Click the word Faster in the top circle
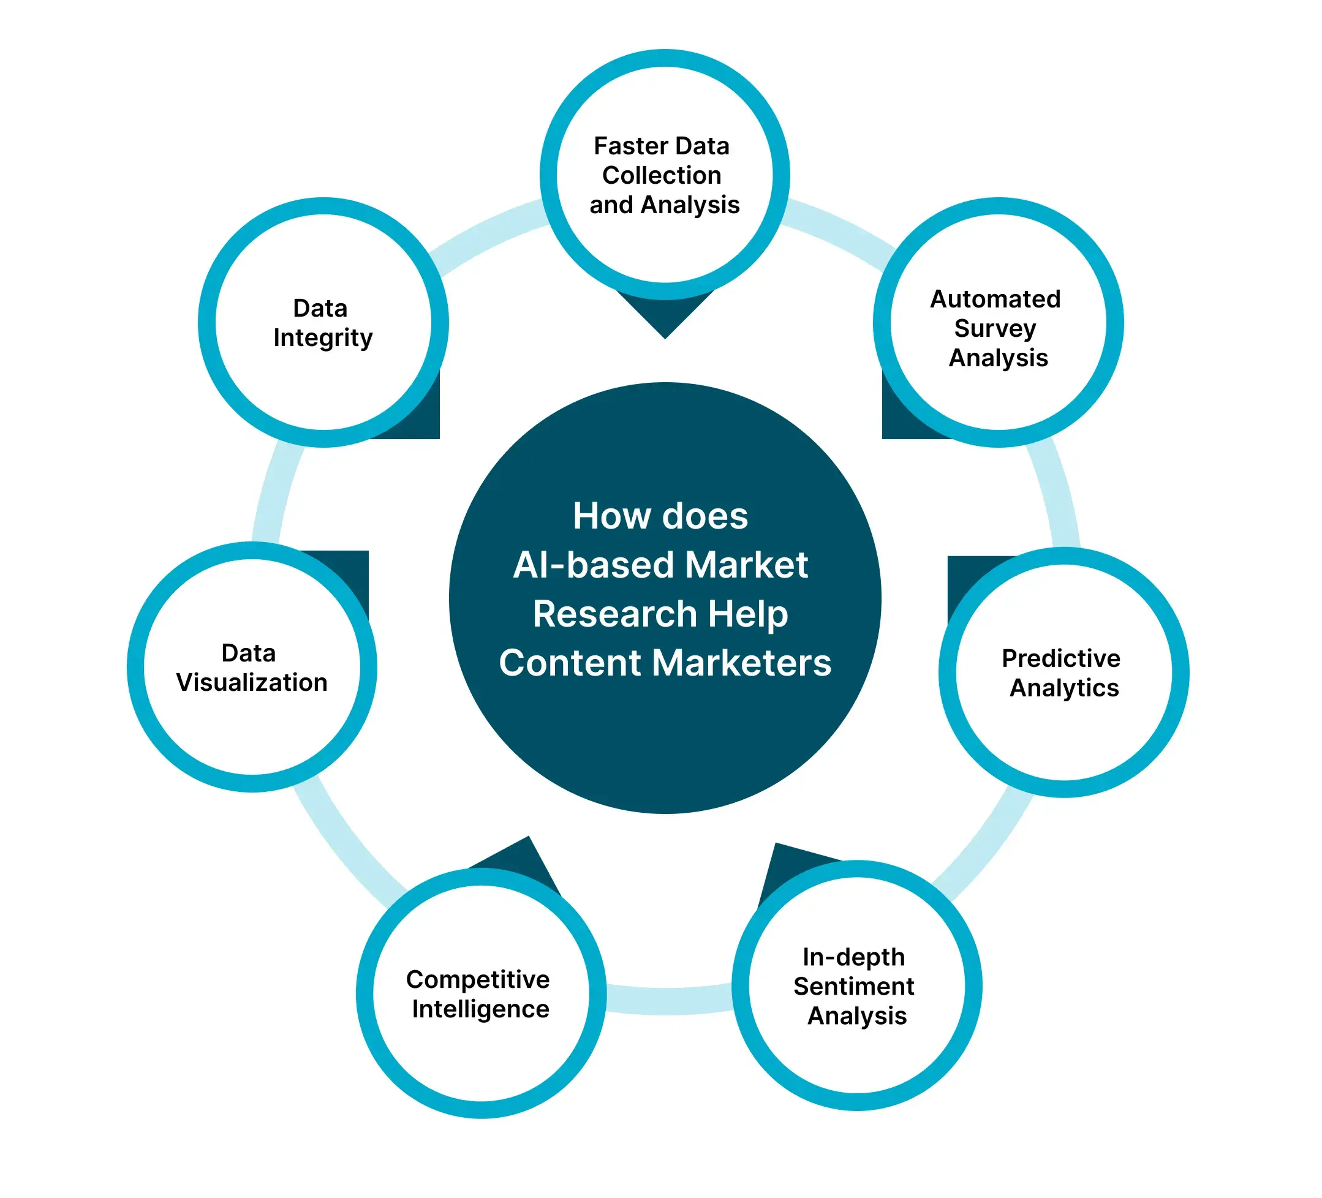tap(630, 146)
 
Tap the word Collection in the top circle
tap(662, 176)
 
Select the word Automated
tap(995, 299)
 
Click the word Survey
tap(995, 329)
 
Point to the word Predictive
tap(1060, 658)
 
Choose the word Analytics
tap(1063, 688)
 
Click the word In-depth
tap(853, 958)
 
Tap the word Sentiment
tap(853, 987)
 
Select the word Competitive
tap(477, 979)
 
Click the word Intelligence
tap(480, 1009)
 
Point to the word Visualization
tap(252, 683)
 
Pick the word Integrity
tap(323, 338)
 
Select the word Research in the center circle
tap(614, 614)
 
